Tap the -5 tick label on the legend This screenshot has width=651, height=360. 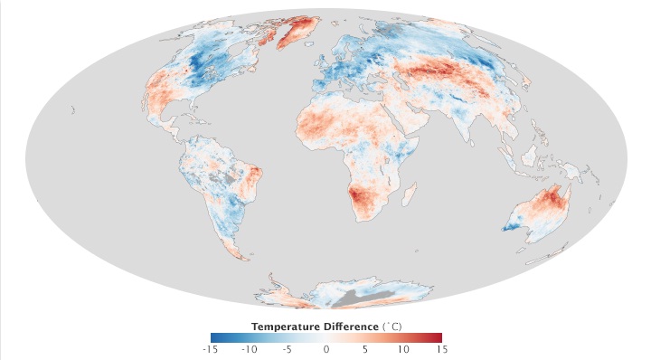pyautogui.click(x=288, y=348)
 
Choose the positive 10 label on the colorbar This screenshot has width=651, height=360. pyautogui.click(x=402, y=348)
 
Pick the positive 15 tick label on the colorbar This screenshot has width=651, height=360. pyautogui.click(x=440, y=348)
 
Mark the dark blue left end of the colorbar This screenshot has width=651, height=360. pyautogui.click(x=213, y=336)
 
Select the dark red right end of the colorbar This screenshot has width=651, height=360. pyautogui.click(x=438, y=336)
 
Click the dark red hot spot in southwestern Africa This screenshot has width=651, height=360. pyautogui.click(x=365, y=193)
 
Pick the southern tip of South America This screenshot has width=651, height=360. pyautogui.click(x=243, y=256)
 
